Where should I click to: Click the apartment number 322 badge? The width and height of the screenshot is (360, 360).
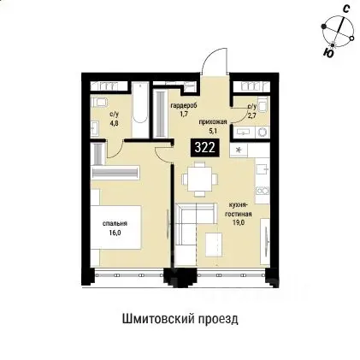(204, 146)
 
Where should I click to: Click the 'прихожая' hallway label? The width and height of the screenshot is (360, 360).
(211, 123)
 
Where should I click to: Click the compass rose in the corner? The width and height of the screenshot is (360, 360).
(339, 33)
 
